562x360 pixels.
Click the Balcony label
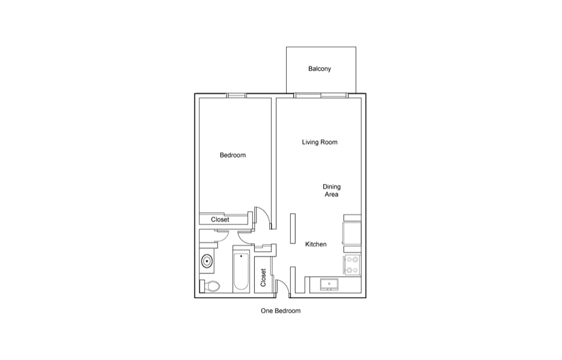(319, 69)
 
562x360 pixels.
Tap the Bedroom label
(233, 155)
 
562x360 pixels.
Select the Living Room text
(319, 142)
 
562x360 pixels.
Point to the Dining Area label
(332, 190)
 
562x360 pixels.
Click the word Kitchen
(316, 244)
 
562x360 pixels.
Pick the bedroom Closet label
(220, 219)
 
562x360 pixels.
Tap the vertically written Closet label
(263, 277)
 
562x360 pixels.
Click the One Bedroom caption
(280, 311)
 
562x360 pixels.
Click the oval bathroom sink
(207, 261)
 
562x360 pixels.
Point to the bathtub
(241, 272)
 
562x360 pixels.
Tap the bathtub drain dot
(241, 256)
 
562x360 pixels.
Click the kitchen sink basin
(329, 284)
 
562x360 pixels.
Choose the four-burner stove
(352, 264)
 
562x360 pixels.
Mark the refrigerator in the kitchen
(352, 233)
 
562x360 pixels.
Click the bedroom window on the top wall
(237, 96)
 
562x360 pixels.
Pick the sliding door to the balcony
(321, 96)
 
